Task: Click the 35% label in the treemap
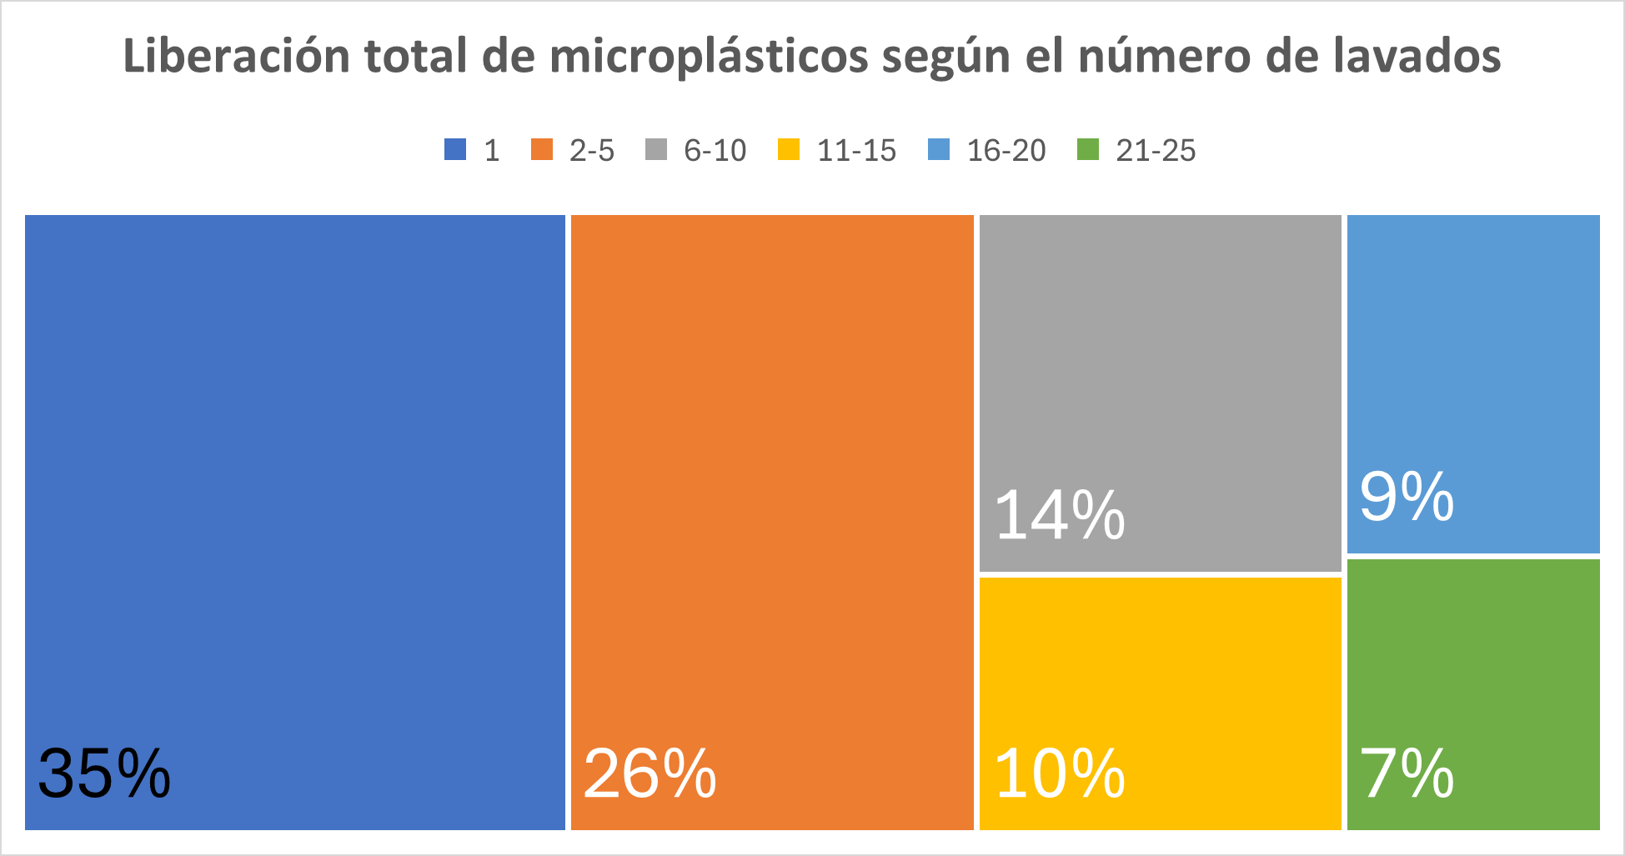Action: click(104, 774)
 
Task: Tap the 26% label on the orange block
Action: click(649, 774)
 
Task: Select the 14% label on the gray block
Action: click(1060, 516)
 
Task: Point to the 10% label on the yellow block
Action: click(1060, 774)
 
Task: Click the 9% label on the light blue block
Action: click(1407, 498)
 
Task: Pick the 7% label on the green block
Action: click(1407, 774)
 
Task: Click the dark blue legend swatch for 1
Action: click(455, 150)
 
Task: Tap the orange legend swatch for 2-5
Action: click(542, 150)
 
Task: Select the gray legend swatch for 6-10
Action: click(656, 150)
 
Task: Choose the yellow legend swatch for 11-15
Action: click(789, 150)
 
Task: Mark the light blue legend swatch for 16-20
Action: click(939, 150)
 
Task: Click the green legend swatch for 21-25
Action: click(1088, 150)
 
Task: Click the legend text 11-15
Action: click(856, 151)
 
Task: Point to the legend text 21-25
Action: click(1156, 151)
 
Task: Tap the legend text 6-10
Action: click(715, 151)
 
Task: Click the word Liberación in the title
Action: click(237, 57)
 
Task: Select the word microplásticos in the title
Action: click(709, 57)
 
